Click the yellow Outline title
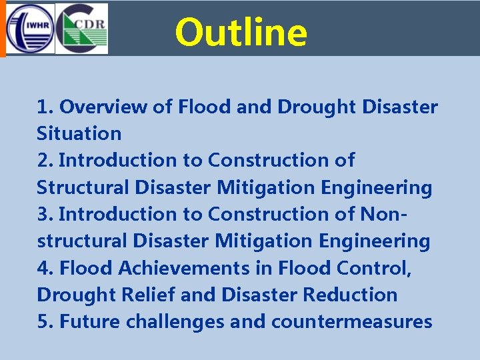tap(241, 32)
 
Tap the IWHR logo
tap(27, 29)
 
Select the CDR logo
tap(81, 29)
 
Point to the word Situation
tap(79, 133)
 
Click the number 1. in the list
tap(45, 107)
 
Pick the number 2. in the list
tap(45, 161)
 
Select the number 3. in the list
tap(45, 214)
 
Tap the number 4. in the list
tap(46, 268)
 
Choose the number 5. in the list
tap(45, 322)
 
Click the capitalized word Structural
tap(83, 188)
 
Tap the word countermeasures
tap(351, 322)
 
